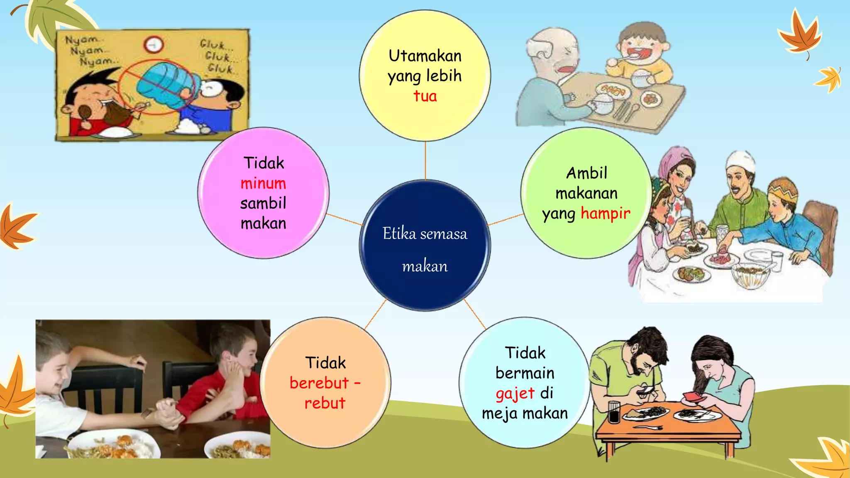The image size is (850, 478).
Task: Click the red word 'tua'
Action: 425,96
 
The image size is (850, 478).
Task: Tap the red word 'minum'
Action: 263,183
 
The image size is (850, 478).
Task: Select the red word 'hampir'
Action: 605,213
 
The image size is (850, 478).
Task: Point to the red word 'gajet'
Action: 515,393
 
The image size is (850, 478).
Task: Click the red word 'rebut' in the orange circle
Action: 325,403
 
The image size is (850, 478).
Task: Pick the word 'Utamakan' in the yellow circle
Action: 425,56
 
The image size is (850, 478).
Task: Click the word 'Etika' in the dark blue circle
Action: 399,234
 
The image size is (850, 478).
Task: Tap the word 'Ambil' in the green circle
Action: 586,173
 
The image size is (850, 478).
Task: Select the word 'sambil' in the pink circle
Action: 263,203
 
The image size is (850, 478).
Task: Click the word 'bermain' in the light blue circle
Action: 525,373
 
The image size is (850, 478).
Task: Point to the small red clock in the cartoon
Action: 154,44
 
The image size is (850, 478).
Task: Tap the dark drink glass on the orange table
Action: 614,412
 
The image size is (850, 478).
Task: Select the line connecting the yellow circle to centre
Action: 425,161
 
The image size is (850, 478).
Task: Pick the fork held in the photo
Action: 147,412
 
